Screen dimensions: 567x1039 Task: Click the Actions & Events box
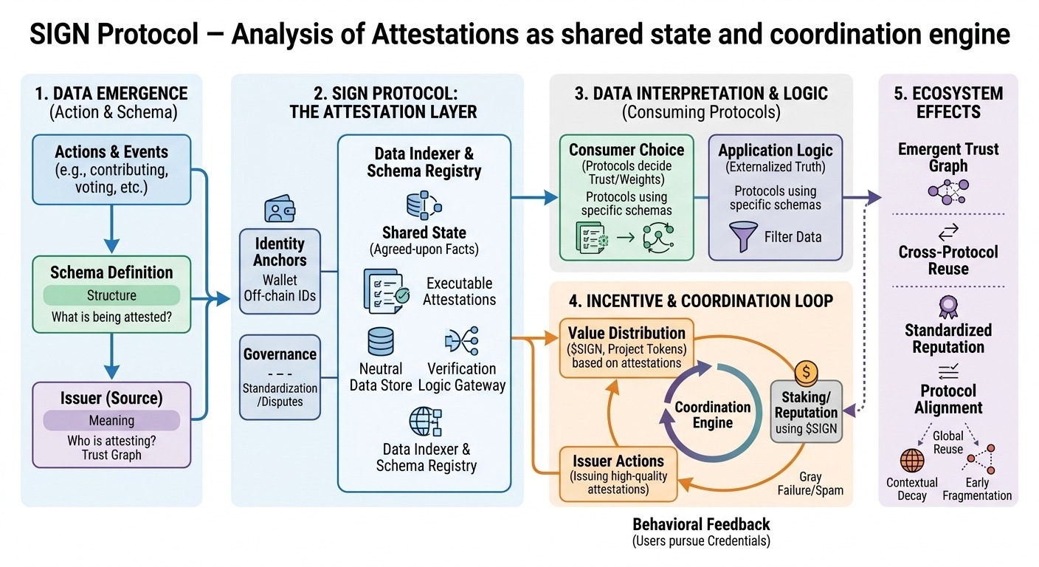(111, 170)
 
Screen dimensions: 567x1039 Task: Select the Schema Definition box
(111, 294)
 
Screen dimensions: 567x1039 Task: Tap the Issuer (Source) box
(111, 424)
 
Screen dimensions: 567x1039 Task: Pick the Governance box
(280, 377)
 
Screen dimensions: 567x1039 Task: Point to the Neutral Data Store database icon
(380, 342)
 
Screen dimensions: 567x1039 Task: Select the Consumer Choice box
(626, 196)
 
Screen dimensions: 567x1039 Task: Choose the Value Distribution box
(626, 347)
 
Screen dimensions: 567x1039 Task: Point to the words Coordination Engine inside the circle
(712, 415)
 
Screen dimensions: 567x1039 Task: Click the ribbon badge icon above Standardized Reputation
(947, 305)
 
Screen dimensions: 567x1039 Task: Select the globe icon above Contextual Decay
(912, 461)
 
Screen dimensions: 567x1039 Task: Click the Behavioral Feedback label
(701, 525)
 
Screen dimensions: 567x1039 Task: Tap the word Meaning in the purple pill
(111, 420)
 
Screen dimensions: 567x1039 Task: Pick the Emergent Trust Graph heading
(947, 157)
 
